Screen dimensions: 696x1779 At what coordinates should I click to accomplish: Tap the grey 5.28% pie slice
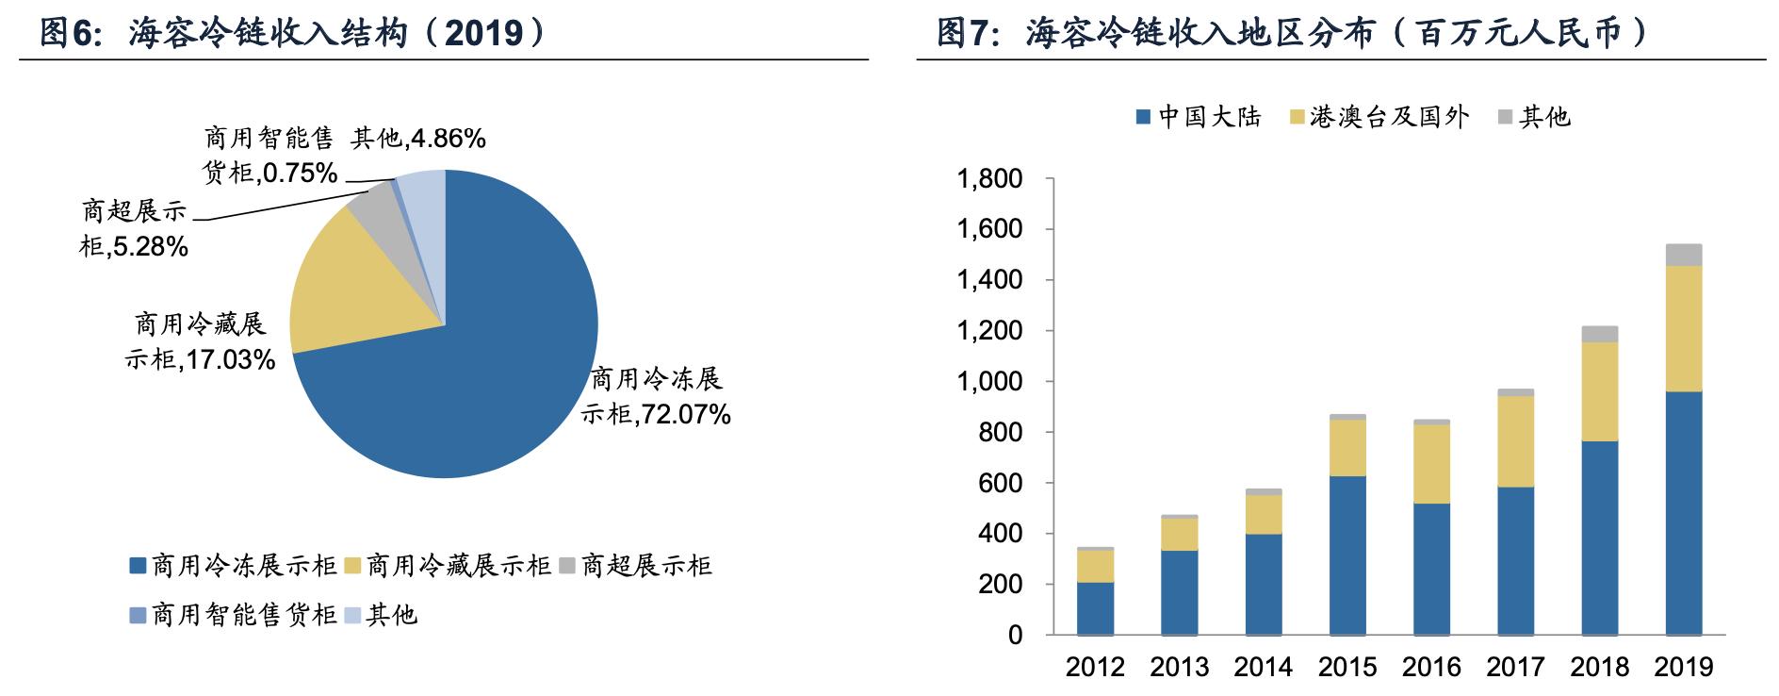click(x=373, y=197)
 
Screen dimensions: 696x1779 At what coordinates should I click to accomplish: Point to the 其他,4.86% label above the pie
click(x=417, y=139)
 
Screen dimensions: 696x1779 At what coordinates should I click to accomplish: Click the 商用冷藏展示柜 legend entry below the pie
click(x=449, y=566)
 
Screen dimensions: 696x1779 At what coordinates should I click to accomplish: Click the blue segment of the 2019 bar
click(x=1684, y=514)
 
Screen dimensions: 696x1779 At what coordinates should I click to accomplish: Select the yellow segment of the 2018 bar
click(x=1600, y=391)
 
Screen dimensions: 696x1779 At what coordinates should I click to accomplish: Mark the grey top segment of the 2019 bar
click(x=1684, y=255)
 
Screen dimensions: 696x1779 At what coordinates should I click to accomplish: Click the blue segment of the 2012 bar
click(x=1095, y=608)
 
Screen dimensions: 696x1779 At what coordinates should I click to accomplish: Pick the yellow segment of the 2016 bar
click(x=1431, y=463)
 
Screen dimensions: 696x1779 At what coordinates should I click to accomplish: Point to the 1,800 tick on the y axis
click(x=989, y=179)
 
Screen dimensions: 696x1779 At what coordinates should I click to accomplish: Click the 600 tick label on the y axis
click(x=1001, y=484)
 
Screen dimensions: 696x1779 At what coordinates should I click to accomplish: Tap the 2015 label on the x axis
click(x=1346, y=668)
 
